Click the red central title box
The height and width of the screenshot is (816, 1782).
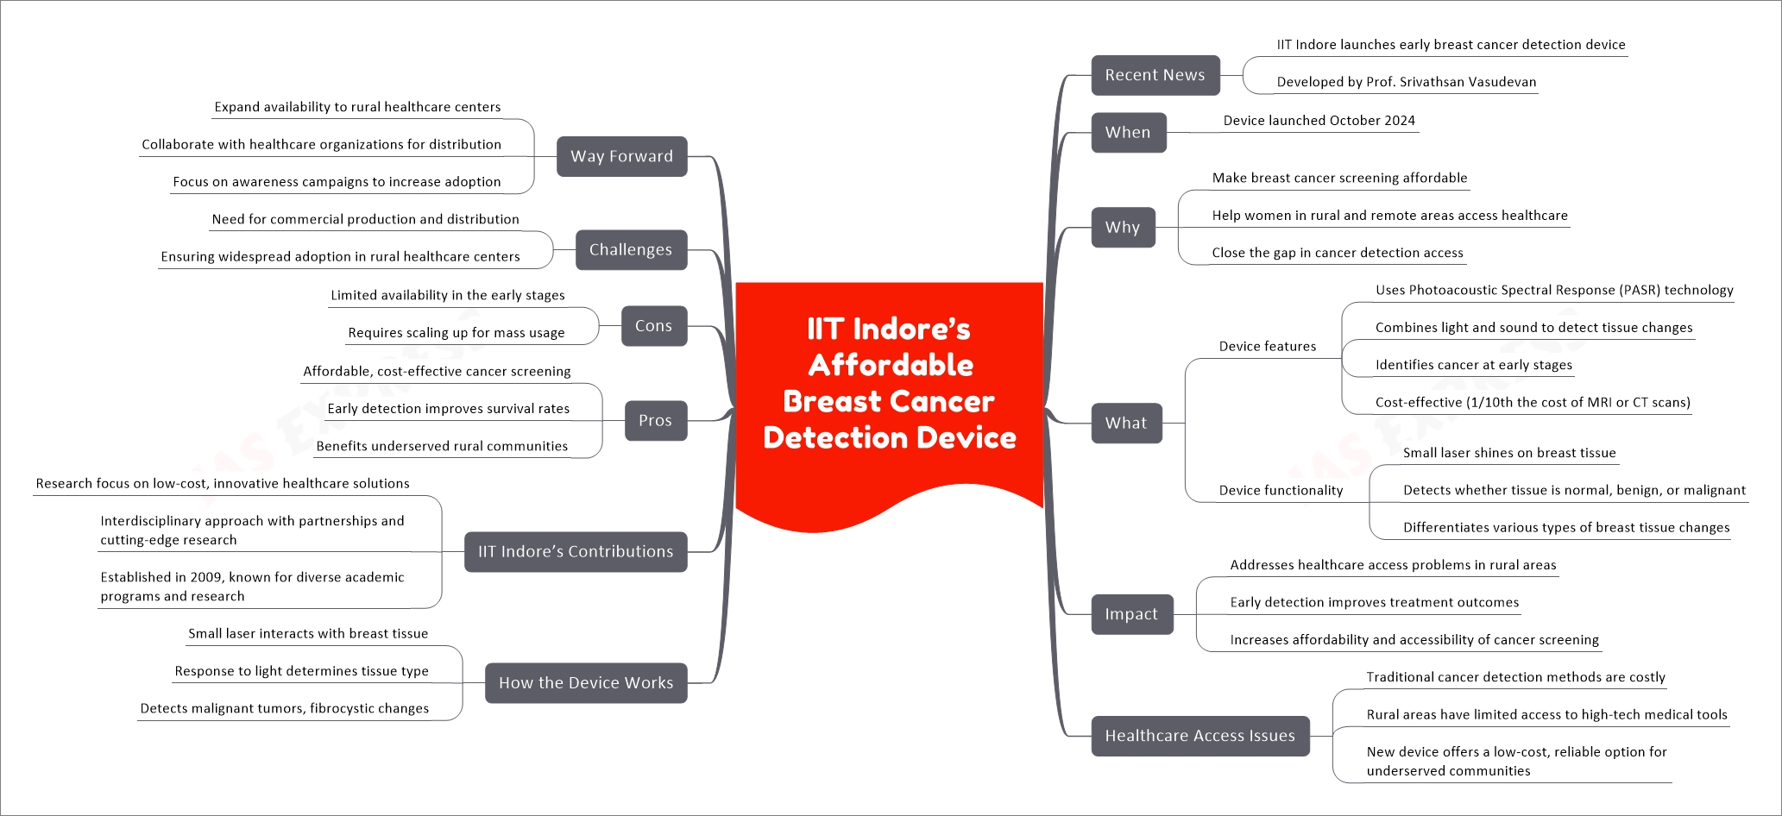click(x=889, y=384)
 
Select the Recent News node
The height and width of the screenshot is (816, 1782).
click(x=1155, y=75)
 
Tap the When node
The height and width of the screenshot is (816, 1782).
click(x=1128, y=133)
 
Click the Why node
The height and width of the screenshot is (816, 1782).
click(x=1122, y=228)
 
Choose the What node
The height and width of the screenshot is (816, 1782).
click(x=1125, y=424)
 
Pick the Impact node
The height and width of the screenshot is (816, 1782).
click(x=1131, y=614)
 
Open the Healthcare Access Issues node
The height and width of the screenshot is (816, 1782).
click(x=1200, y=736)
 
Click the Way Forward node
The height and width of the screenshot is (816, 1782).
click(x=621, y=156)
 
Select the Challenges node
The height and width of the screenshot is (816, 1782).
click(x=630, y=250)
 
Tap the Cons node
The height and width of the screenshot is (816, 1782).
click(x=653, y=326)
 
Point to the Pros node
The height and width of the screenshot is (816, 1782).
click(x=655, y=421)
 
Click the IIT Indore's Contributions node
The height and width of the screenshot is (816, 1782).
click(x=576, y=552)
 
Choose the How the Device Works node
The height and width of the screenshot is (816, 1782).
click(x=586, y=683)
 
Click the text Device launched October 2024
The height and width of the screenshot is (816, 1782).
click(x=1319, y=121)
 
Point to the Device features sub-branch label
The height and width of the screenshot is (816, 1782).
click(x=1267, y=347)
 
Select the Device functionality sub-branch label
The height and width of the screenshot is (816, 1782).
click(x=1281, y=491)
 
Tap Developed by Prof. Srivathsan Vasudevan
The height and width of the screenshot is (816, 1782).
click(x=1406, y=82)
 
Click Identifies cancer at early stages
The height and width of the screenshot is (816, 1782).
click(x=1473, y=365)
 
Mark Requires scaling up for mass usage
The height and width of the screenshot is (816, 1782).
click(x=456, y=333)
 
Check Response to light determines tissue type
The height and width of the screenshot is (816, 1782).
click(x=301, y=671)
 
